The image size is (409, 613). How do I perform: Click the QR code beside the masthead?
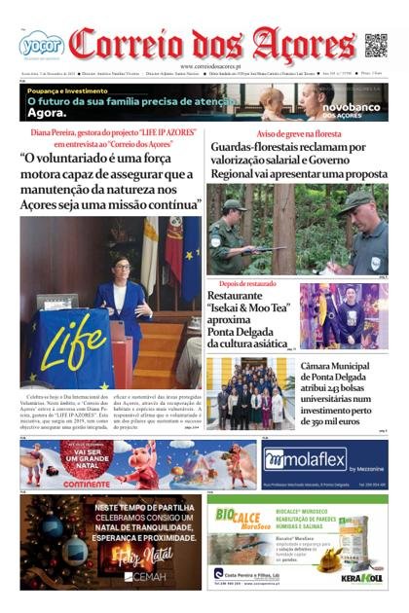click(x=375, y=45)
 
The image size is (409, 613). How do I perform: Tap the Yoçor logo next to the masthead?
click(x=41, y=44)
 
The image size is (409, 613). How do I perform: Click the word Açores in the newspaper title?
click(x=304, y=45)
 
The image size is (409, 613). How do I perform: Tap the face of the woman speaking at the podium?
click(x=123, y=267)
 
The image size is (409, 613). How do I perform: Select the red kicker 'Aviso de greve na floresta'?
click(x=297, y=132)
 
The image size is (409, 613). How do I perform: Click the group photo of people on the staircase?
click(x=250, y=393)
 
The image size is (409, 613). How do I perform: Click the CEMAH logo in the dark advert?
click(x=146, y=577)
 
